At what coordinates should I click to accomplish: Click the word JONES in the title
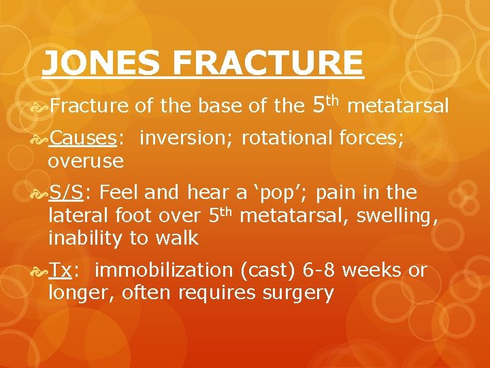pos(101,64)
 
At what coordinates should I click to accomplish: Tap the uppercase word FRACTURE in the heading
pos(267,64)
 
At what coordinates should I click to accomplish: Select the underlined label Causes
pos(83,138)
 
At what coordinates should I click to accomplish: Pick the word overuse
pos(86,162)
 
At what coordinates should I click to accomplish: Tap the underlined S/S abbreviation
pos(65,193)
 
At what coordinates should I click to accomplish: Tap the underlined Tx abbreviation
pos(61,271)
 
